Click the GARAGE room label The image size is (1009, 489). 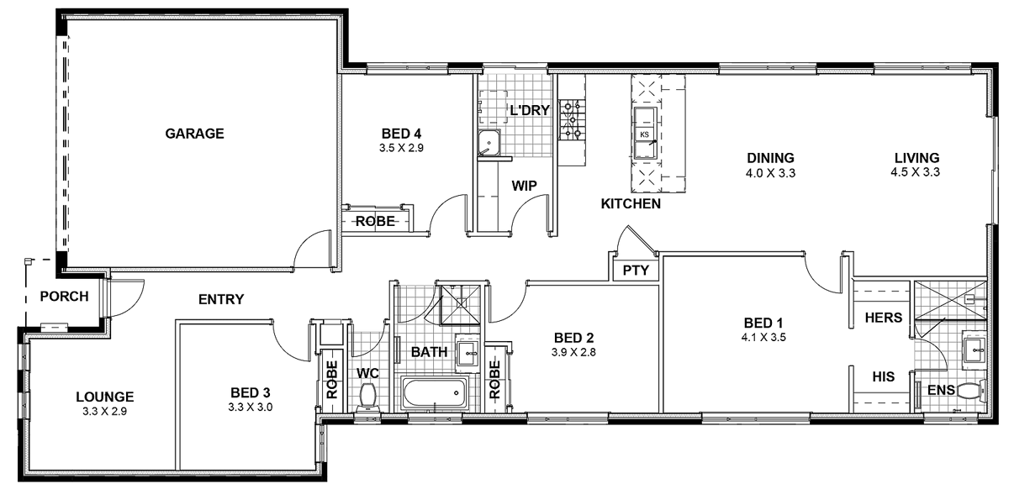[194, 133]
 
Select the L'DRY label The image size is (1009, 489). [530, 110]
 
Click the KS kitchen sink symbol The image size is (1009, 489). [645, 134]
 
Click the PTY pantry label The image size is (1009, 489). [635, 271]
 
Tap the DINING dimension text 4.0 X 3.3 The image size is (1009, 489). [771, 172]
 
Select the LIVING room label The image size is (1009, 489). [916, 157]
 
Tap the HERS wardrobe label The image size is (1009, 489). [883, 318]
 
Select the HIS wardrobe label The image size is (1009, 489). [883, 377]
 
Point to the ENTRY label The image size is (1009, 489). [221, 298]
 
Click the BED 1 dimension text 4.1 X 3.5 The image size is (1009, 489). [763, 338]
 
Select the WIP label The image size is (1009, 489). [524, 186]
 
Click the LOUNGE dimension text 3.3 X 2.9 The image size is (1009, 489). [104, 412]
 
